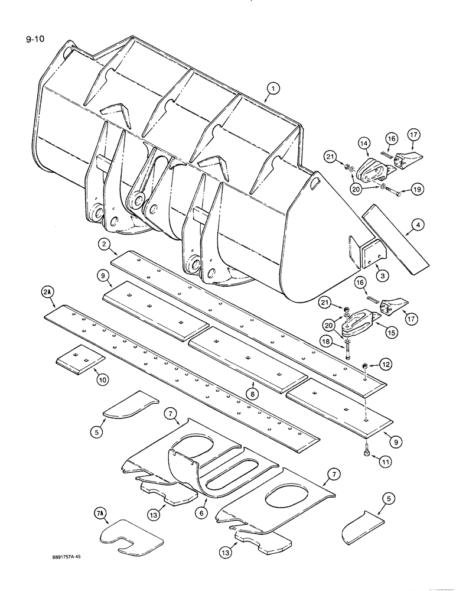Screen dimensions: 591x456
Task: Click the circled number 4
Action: pos(418,225)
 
